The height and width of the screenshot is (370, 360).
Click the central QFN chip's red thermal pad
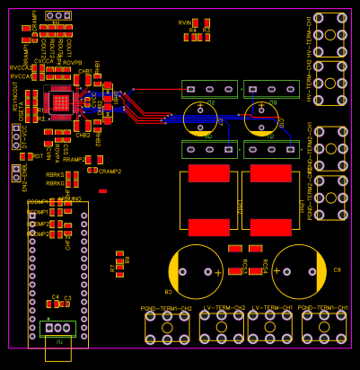tap(60, 103)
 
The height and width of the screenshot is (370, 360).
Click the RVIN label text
tap(185, 22)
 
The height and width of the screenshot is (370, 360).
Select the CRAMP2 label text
tap(110, 171)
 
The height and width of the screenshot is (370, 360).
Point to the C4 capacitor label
tap(55, 296)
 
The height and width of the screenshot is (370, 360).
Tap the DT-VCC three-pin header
tap(15, 137)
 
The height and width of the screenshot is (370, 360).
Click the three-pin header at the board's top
tap(59, 16)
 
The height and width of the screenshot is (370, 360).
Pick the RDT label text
tap(38, 155)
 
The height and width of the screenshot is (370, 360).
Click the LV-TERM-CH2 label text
tap(224, 308)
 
